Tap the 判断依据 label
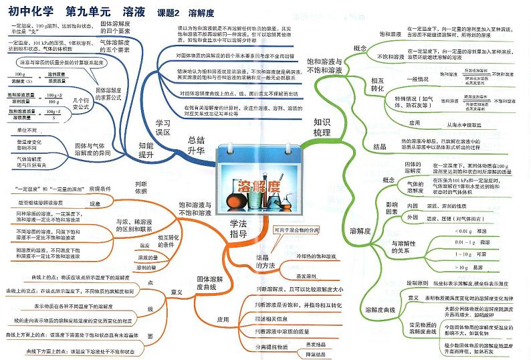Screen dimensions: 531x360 tap(141, 187)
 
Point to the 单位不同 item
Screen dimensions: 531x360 tap(27, 130)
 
